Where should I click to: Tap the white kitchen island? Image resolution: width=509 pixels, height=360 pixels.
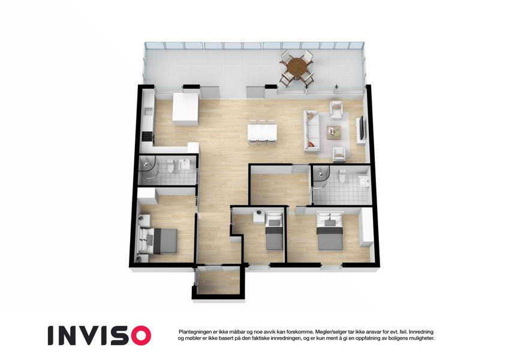185,109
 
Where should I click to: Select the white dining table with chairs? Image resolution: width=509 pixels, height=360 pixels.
262,132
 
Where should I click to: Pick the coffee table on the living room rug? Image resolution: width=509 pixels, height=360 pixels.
334,132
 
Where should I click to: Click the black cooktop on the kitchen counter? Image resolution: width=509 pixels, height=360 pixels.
147,136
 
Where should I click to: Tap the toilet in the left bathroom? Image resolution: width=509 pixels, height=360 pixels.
170,166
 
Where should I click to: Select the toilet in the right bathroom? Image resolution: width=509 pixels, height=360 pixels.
342,176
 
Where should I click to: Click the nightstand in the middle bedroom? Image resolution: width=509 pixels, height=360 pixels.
259,216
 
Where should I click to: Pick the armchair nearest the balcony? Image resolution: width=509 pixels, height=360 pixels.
336,110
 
